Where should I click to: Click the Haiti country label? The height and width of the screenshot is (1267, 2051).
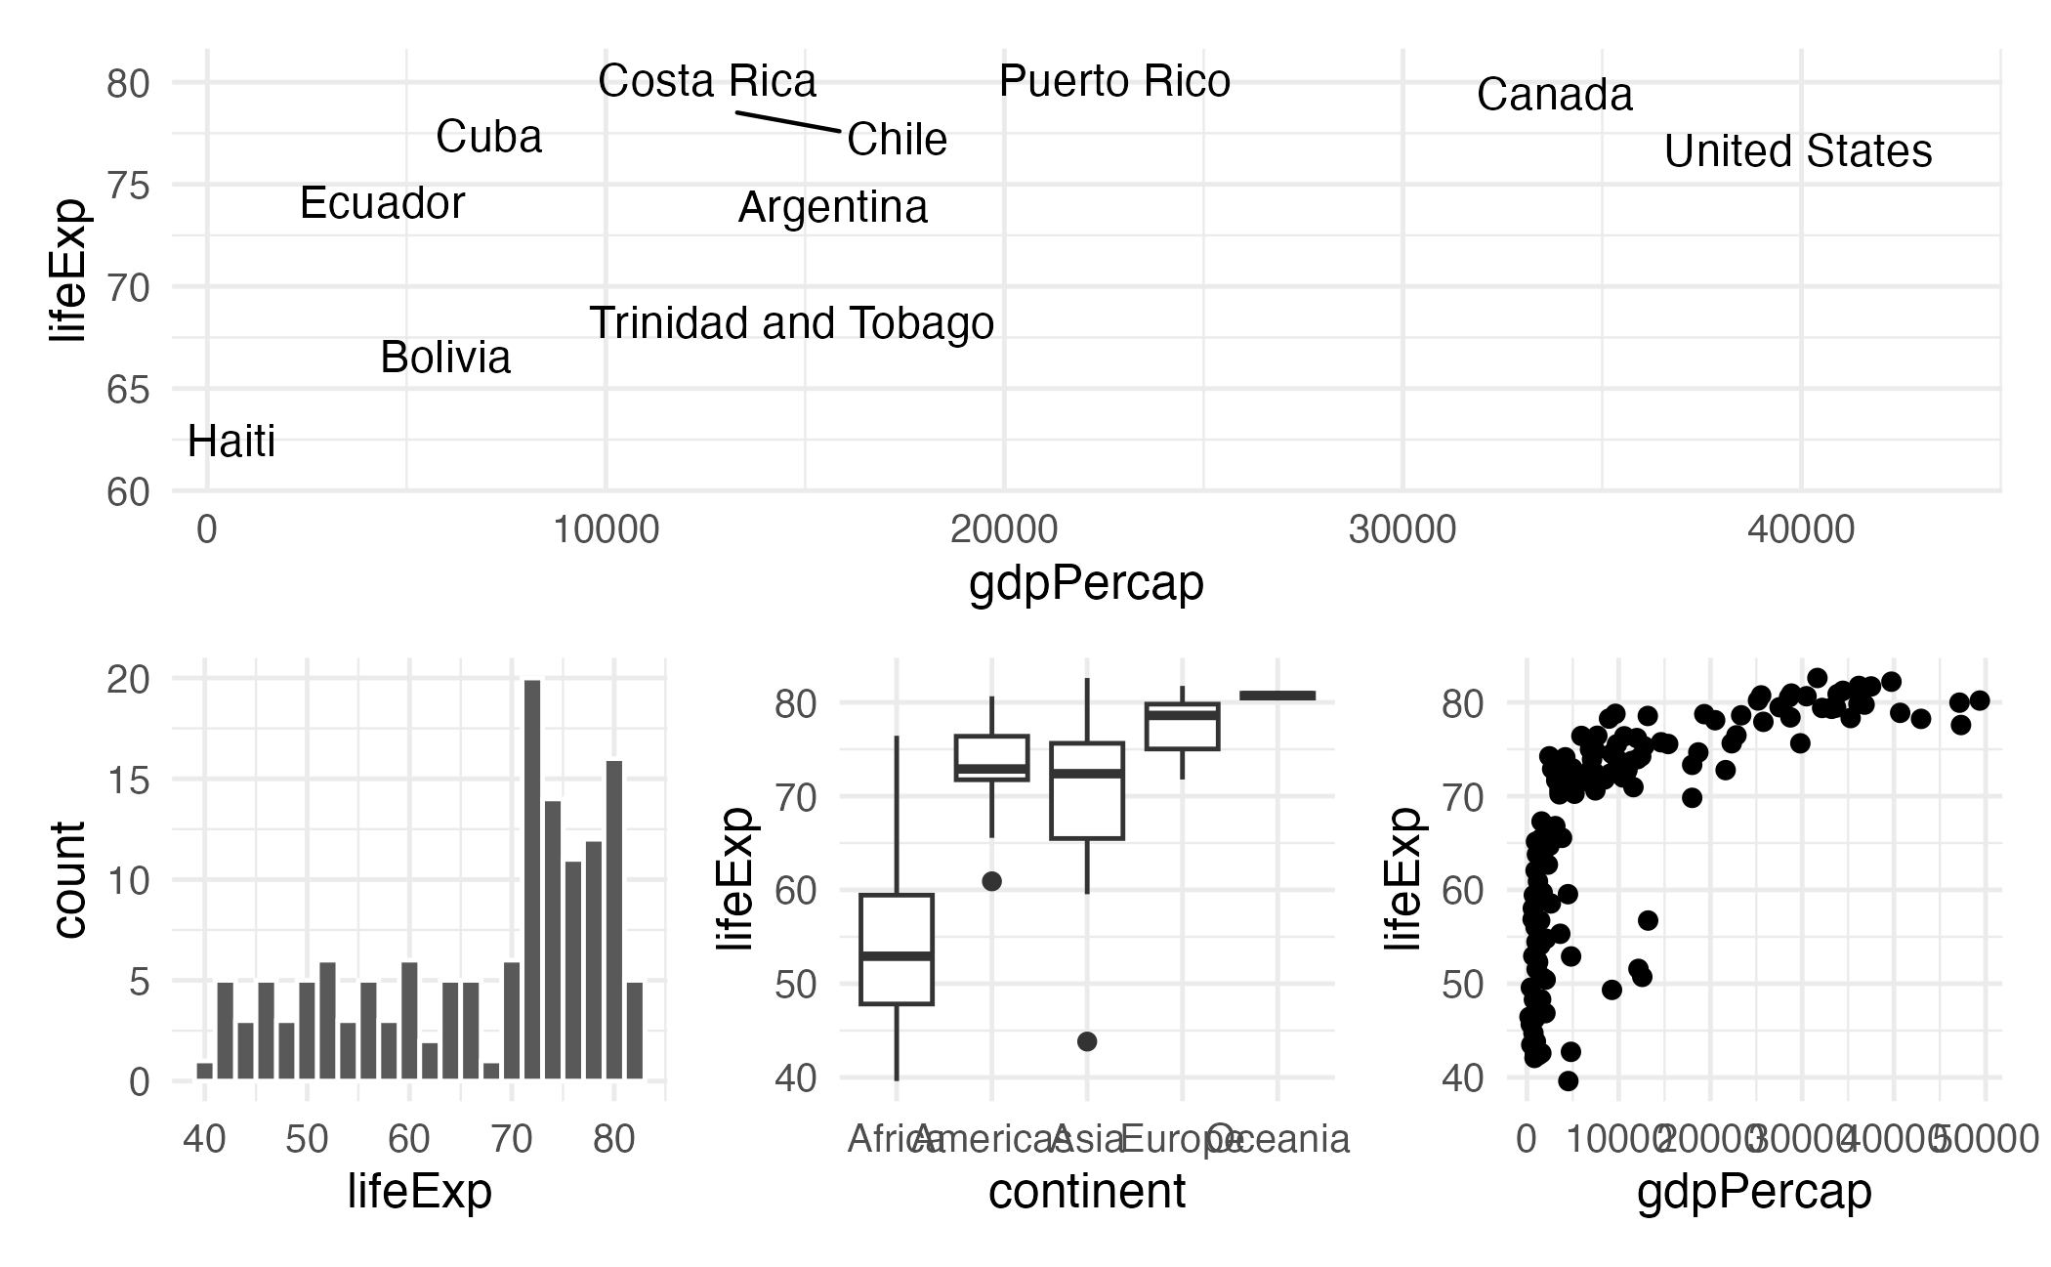[x=231, y=442]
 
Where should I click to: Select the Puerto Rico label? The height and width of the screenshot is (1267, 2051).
[x=1114, y=81]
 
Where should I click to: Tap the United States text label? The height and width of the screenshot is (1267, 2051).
[x=1798, y=151]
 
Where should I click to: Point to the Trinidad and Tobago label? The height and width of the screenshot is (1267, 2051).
[x=791, y=323]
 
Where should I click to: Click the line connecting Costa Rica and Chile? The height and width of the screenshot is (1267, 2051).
[x=787, y=121]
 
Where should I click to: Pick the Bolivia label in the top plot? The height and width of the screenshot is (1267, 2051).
[x=445, y=358]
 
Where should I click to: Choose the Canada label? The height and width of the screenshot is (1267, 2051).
[x=1554, y=95]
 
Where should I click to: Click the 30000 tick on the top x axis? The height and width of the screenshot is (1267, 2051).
[x=1402, y=529]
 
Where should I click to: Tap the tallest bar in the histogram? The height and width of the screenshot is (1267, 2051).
[x=532, y=879]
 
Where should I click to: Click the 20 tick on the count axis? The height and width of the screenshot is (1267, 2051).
[x=128, y=679]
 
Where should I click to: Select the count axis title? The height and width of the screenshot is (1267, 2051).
[x=68, y=879]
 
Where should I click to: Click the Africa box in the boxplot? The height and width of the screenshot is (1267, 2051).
[x=897, y=949]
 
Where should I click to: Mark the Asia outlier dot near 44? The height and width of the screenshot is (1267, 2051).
[x=1087, y=1041]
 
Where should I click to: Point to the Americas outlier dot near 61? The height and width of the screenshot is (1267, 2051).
[x=991, y=881]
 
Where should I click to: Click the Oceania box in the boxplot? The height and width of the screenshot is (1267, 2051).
[x=1277, y=696]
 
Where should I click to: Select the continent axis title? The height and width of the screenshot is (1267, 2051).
[x=1086, y=1192]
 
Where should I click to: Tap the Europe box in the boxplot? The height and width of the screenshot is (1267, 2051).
[x=1182, y=726]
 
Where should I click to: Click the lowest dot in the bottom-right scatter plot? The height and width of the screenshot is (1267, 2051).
[x=1569, y=1080]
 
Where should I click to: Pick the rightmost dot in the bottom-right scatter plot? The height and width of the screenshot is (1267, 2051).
[x=1980, y=700]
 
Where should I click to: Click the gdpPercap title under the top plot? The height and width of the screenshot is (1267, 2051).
[x=1086, y=583]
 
